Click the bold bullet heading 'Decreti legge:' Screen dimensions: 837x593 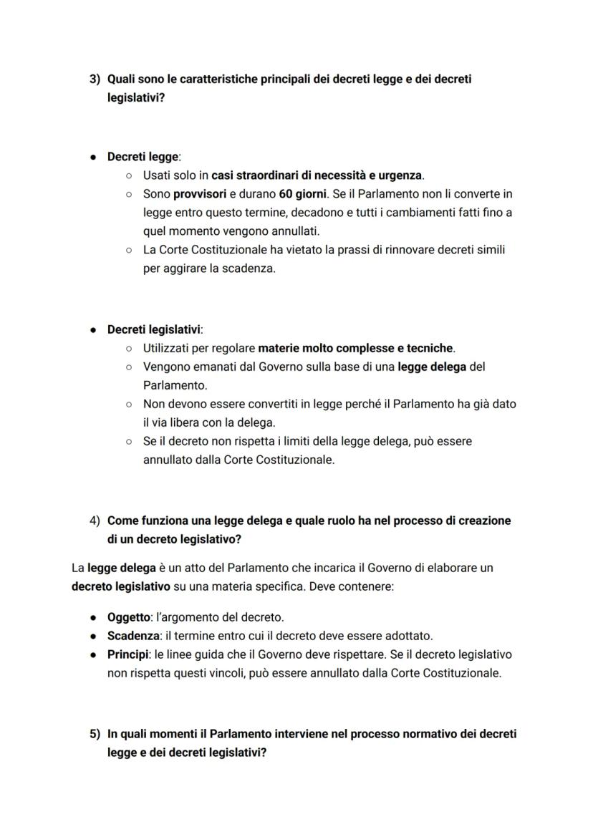point(144,156)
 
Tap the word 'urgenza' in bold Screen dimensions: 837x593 point(401,175)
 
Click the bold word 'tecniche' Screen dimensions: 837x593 point(429,348)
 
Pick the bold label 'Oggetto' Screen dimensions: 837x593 point(129,617)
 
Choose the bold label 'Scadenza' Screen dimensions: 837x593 point(132,636)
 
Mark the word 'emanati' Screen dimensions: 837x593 point(216,367)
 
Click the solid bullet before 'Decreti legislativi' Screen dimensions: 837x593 point(94,330)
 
